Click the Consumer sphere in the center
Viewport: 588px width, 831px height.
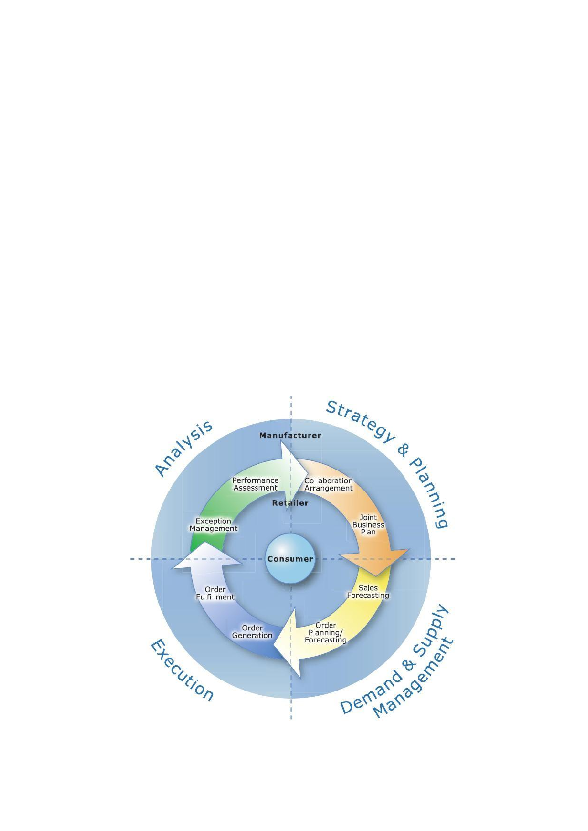click(x=290, y=559)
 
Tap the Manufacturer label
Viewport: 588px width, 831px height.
click(x=290, y=435)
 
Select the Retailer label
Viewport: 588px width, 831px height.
click(x=290, y=503)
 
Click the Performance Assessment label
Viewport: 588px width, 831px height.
click(x=256, y=484)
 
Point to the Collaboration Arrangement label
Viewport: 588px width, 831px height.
click(x=329, y=484)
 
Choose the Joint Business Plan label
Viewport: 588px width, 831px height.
click(x=368, y=525)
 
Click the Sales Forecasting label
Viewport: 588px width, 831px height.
click(x=368, y=591)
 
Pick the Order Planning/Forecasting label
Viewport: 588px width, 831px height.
click(x=326, y=633)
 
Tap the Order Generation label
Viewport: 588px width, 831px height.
click(x=252, y=632)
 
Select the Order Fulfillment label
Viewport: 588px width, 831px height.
click(x=215, y=593)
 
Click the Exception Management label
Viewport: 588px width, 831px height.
click(x=214, y=525)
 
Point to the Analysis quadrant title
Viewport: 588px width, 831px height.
click(x=184, y=448)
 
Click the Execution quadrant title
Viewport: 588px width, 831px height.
click(x=182, y=670)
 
